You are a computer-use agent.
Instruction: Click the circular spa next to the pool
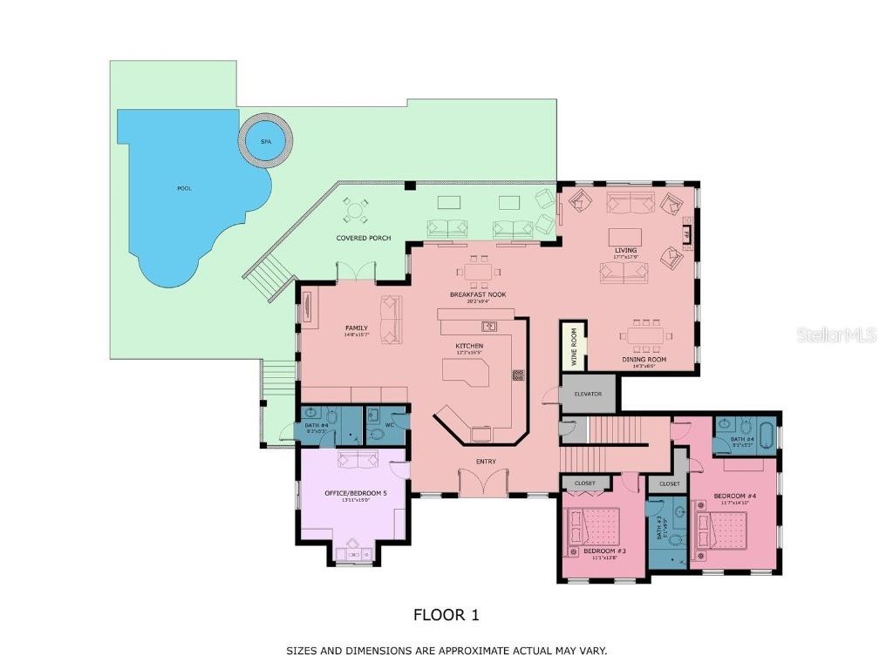click(x=263, y=141)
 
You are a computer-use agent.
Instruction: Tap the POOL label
click(x=184, y=188)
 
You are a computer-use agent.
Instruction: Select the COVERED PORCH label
click(x=364, y=238)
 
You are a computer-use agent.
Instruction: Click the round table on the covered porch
click(x=355, y=210)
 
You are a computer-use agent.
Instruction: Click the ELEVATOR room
click(x=588, y=394)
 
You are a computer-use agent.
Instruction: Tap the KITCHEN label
click(x=469, y=346)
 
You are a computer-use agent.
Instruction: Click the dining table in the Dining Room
click(x=646, y=334)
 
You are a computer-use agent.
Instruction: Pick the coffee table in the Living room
click(x=625, y=237)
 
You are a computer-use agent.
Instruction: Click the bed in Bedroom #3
click(x=593, y=531)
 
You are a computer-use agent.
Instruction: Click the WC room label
click(x=379, y=426)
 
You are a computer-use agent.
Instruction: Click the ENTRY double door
click(x=482, y=482)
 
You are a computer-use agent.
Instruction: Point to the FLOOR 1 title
click(x=446, y=615)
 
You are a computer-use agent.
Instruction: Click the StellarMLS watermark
click(x=835, y=334)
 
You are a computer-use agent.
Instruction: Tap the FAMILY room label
click(x=356, y=328)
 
